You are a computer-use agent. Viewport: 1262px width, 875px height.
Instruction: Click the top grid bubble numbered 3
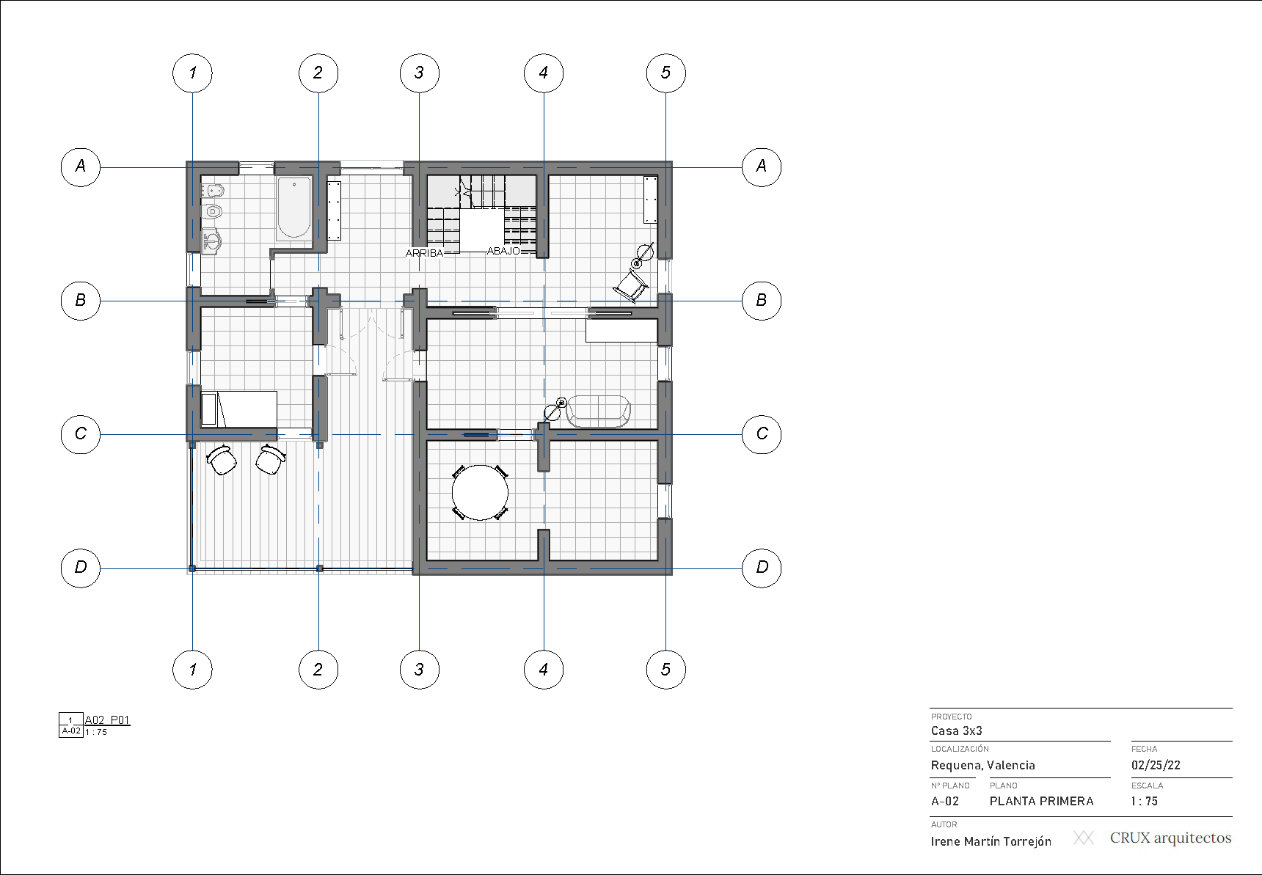tap(419, 73)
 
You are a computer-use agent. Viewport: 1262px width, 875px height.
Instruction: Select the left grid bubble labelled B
tap(80, 301)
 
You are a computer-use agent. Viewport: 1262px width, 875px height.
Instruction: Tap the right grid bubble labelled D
tap(762, 568)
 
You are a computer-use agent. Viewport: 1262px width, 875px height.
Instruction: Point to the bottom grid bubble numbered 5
tap(665, 669)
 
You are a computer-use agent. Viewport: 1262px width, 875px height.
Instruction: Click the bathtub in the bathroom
tap(293, 208)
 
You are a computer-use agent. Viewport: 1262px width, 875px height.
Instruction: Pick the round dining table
tap(480, 492)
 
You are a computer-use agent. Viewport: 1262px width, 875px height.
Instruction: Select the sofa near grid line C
tap(598, 411)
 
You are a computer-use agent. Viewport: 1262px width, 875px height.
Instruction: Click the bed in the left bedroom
tap(238, 409)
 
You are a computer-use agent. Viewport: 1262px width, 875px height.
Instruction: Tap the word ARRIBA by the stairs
tap(425, 253)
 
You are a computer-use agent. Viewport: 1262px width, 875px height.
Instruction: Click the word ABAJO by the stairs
tap(503, 251)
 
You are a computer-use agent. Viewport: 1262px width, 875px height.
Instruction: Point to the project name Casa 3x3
tap(956, 731)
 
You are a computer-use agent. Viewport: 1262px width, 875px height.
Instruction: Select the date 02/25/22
tap(1156, 765)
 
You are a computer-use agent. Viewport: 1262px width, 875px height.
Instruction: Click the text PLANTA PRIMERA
tap(1041, 801)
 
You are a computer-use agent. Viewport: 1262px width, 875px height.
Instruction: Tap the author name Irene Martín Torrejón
tap(991, 841)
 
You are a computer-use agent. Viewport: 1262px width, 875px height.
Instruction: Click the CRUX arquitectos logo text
tap(1170, 838)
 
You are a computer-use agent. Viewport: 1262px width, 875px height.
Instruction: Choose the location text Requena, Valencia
tap(982, 765)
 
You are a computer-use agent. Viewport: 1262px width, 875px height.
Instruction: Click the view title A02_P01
tap(107, 720)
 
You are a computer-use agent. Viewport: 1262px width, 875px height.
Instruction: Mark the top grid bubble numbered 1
tap(192, 73)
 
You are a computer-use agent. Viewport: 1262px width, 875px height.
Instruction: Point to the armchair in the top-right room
tap(630, 285)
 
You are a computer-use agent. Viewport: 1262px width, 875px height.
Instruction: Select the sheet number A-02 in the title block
tap(944, 801)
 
